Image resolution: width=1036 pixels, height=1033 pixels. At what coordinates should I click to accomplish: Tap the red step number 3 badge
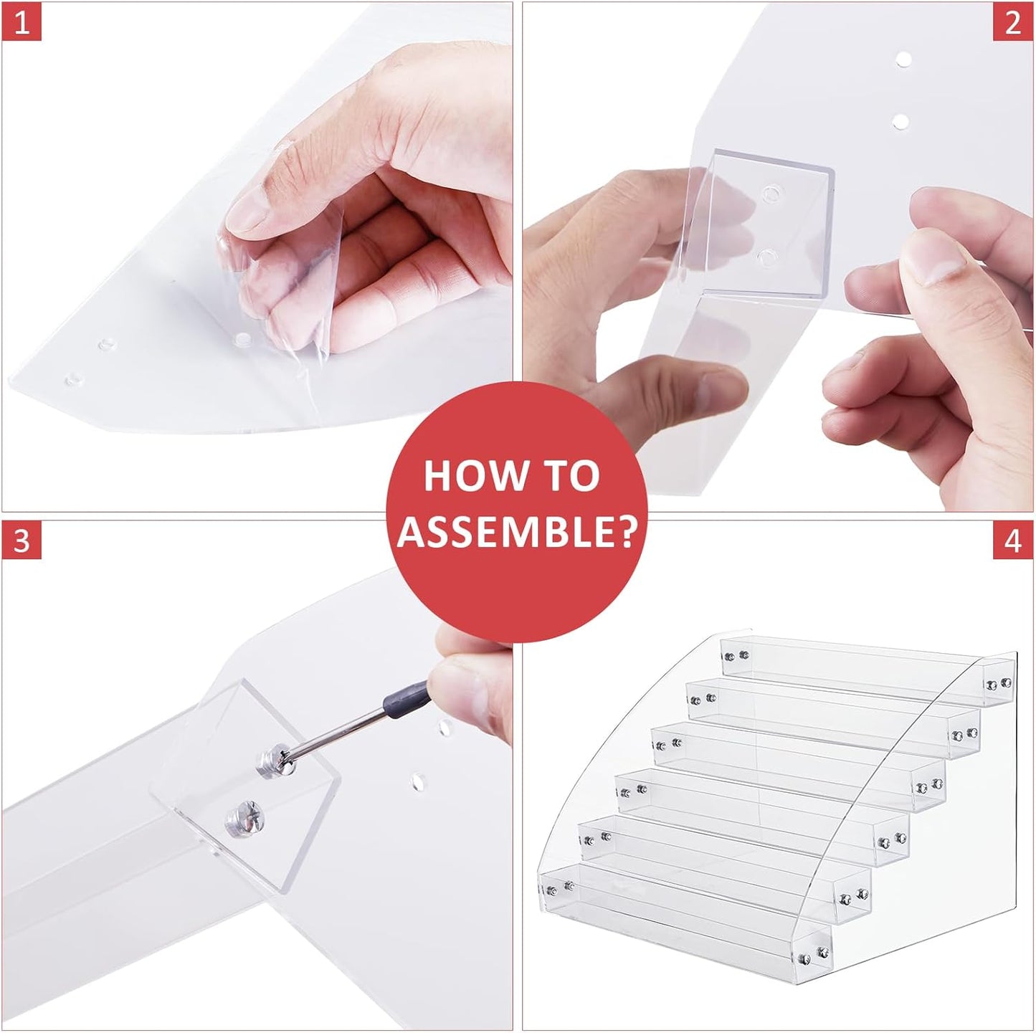pos(22,541)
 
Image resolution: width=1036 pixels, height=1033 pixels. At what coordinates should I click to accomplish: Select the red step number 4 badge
pos(1013,541)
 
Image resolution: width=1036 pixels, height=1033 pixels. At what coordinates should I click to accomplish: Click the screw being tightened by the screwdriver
pos(277,759)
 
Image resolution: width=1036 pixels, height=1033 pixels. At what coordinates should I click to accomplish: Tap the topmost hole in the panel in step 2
pos(904,59)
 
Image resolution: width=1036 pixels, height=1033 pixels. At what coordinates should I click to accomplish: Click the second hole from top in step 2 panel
pos(900,122)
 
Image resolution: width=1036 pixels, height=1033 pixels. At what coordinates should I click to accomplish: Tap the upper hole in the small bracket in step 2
pos(771,193)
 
